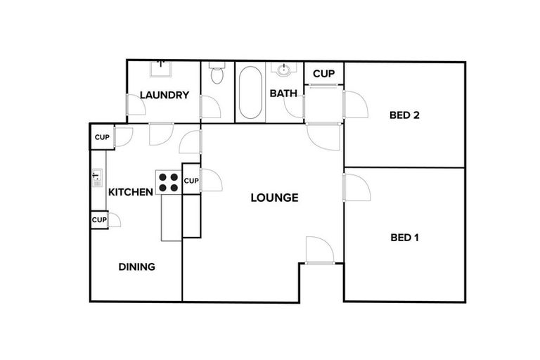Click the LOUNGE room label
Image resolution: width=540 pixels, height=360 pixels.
pyautogui.click(x=274, y=198)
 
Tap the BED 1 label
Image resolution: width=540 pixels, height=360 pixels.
pyautogui.click(x=404, y=238)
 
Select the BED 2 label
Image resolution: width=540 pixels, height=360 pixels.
pyautogui.click(x=404, y=115)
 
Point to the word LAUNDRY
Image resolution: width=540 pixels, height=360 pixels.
pyautogui.click(x=164, y=96)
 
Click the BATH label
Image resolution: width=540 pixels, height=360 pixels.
pyautogui.click(x=283, y=93)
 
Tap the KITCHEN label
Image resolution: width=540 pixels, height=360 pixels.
pyautogui.click(x=130, y=192)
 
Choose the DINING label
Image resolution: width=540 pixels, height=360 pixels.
pyautogui.click(x=136, y=267)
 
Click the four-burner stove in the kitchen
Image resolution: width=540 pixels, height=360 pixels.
pyautogui.click(x=169, y=184)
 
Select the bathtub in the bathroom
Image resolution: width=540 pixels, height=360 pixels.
pyautogui.click(x=249, y=93)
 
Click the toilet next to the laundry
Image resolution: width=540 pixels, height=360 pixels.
pyautogui.click(x=217, y=74)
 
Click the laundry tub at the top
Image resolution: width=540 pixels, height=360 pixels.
pyautogui.click(x=160, y=69)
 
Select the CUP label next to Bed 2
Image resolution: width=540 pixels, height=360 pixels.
pyautogui.click(x=323, y=74)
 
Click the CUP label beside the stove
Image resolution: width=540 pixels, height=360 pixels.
pyautogui.click(x=191, y=181)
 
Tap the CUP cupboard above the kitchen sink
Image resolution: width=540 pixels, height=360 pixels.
pyautogui.click(x=101, y=137)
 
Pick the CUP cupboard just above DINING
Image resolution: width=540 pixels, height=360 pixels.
pyautogui.click(x=98, y=220)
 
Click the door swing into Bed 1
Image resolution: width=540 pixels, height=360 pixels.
pyautogui.click(x=357, y=186)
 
